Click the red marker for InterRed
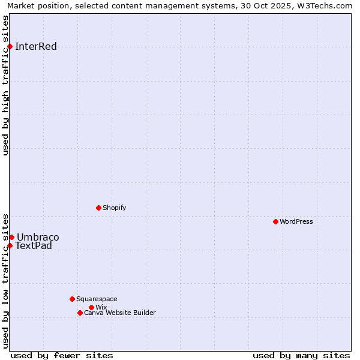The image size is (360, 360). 10,46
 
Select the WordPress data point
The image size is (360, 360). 275,221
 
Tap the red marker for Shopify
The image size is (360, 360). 98,208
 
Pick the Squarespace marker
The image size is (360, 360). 72,299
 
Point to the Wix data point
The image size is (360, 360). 91,307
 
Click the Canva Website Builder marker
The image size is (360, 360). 80,313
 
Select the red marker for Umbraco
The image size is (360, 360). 11,237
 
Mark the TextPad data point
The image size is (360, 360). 10,245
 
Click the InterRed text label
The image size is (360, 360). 36,47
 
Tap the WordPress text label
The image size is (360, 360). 296,221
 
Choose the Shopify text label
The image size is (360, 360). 114,208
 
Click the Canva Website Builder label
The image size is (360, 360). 120,313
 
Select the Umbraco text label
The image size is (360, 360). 38,237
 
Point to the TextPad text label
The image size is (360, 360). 34,245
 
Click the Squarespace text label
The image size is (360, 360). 97,299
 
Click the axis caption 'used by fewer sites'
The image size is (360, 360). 62,355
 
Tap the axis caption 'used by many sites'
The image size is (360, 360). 301,355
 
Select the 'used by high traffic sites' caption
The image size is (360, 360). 6,85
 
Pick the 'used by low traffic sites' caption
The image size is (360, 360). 6,280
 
